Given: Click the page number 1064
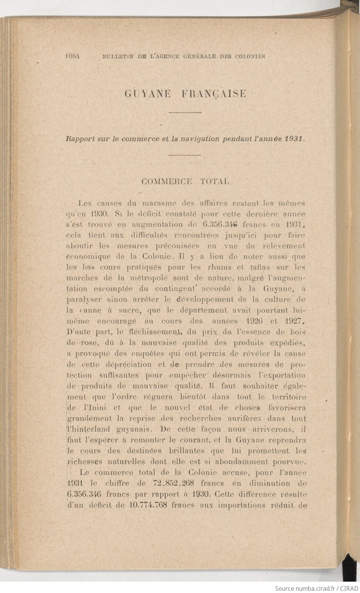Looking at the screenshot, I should pyautogui.click(x=74, y=56).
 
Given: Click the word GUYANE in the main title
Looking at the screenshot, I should pyautogui.click(x=148, y=94).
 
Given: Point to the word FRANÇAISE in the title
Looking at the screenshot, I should pyautogui.click(x=214, y=94).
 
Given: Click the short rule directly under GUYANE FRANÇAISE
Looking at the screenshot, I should pyautogui.click(x=184, y=112).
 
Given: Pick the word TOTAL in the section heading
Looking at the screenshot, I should pyautogui.click(x=214, y=181).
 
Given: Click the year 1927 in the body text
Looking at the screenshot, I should pyautogui.click(x=293, y=321).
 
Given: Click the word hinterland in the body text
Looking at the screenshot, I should pyautogui.click(x=89, y=429).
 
